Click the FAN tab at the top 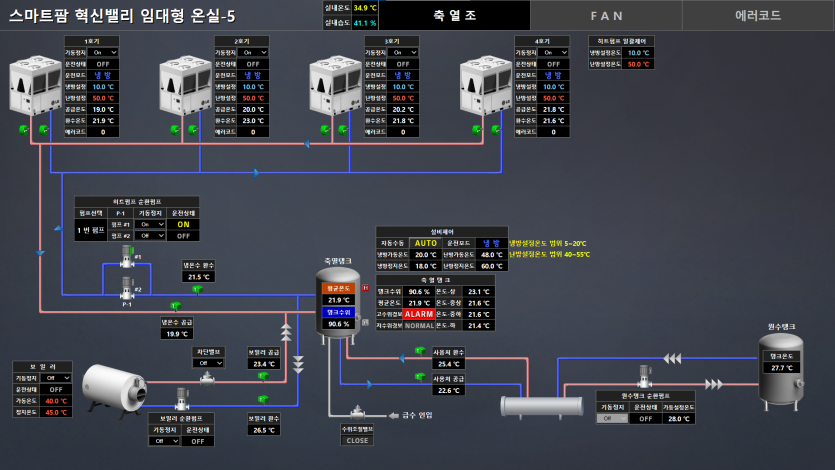[606, 15]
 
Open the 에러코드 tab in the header [758, 15]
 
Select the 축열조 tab [455, 15]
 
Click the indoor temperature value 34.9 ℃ [364, 8]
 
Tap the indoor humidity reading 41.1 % [364, 22]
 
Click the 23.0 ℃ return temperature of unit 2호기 [253, 120]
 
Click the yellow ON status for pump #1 [183, 224]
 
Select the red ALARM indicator [418, 313]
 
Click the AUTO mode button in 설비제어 [426, 243]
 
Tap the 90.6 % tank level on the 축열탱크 [339, 324]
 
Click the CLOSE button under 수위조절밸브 [357, 440]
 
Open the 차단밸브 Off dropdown [209, 363]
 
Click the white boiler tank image [112, 387]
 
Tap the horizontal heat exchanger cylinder [542, 405]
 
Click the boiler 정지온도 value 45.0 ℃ [57, 412]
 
